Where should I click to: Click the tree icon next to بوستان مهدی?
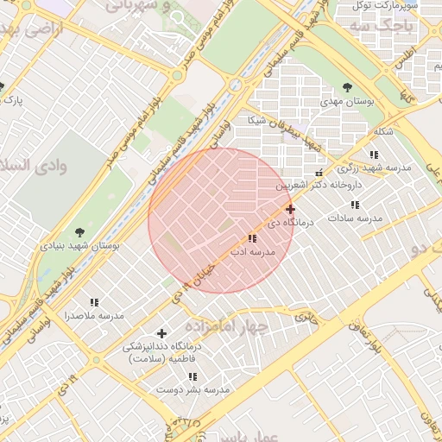347,87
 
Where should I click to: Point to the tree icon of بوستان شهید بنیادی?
79,231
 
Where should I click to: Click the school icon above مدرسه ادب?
251,238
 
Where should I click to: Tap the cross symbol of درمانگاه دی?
290,209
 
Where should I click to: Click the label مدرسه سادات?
354,219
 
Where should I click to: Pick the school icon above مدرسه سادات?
354,205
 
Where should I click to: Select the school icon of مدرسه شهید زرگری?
374,155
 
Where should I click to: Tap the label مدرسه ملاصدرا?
93,316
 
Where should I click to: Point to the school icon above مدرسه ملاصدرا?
93,302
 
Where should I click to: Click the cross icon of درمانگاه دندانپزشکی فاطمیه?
161,333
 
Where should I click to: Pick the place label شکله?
383,131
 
